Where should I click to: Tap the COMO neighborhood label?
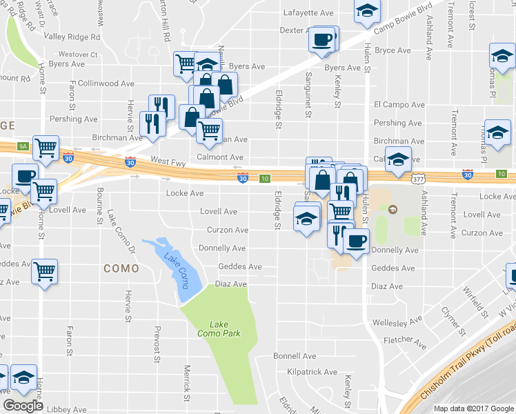(121, 268)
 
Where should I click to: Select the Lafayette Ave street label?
(308, 12)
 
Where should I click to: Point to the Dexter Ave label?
(297, 30)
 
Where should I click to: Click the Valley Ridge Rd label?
(72, 37)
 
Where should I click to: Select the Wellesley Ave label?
(397, 322)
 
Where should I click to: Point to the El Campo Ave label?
(397, 104)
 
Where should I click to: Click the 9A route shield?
(23, 146)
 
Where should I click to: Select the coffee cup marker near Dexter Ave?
(323, 39)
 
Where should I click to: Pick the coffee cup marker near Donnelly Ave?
(355, 242)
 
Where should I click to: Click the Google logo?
(23, 406)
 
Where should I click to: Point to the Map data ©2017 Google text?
(474, 408)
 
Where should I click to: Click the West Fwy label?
(168, 159)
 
